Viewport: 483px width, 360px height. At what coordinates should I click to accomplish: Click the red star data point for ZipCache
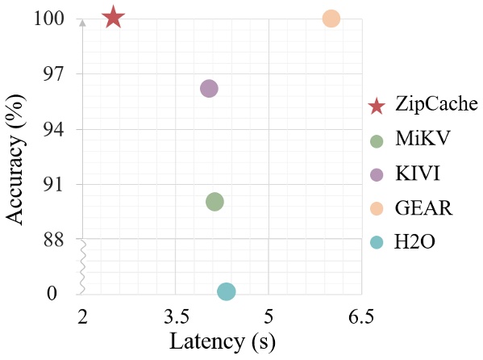coord(113,17)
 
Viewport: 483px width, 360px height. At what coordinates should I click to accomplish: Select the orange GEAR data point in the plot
coord(331,19)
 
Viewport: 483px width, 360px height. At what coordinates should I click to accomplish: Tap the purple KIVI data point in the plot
coord(209,89)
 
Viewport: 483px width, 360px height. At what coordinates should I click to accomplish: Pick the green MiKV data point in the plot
coord(214,202)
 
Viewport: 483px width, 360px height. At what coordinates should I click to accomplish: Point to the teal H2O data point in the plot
coord(227,291)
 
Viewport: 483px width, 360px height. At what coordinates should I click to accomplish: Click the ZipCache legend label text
coord(436,105)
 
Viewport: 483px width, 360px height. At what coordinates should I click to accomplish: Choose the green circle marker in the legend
coord(376,140)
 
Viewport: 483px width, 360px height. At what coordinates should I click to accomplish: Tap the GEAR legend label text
coord(423,208)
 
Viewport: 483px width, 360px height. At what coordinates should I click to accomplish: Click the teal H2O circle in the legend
coord(376,242)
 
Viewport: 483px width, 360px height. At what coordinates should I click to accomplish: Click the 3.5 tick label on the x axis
coord(176,316)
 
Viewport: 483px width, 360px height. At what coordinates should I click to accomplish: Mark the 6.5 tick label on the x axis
coord(360,316)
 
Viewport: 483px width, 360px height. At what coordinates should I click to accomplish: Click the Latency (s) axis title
coord(223,342)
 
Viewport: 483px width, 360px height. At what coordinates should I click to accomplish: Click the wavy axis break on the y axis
coord(81,266)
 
